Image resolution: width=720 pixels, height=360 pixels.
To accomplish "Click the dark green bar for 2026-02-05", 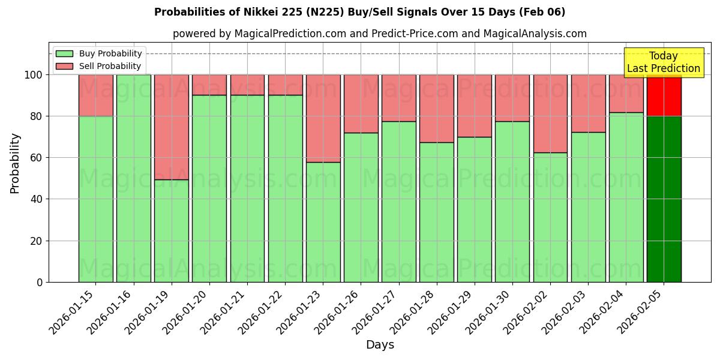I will [x=664, y=199].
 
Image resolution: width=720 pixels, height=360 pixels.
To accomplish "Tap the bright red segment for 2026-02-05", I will [x=664, y=95].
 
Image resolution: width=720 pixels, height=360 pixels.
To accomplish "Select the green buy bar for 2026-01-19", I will [x=172, y=230].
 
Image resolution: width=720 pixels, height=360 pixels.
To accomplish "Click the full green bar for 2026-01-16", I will [x=134, y=178].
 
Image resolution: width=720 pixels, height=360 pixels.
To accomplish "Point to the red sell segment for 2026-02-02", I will [x=550, y=113].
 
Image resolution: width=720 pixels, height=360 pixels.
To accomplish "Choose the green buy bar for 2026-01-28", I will [x=437, y=212].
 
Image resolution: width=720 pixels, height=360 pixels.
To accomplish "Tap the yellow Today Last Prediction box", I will [x=663, y=62].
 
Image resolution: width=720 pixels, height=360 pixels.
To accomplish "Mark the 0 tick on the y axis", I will [x=40, y=282].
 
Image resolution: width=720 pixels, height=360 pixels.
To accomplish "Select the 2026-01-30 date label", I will [x=490, y=312].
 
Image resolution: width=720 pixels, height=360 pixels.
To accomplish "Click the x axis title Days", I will [x=380, y=345].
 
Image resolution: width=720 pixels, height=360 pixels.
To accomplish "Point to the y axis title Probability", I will [x=15, y=163].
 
